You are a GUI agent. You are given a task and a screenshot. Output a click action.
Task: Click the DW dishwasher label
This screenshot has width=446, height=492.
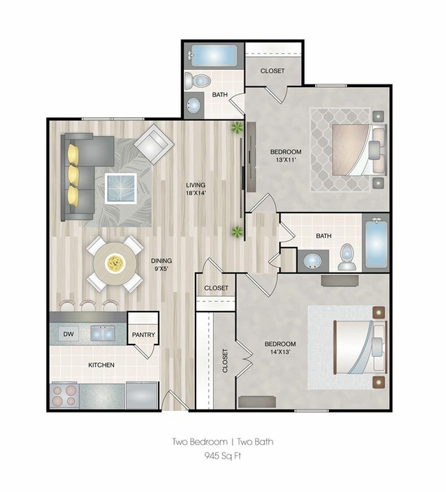(x=69, y=334)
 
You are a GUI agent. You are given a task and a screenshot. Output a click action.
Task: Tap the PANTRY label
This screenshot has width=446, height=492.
(x=143, y=335)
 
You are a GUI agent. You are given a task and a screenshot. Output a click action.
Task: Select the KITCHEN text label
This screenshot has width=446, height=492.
(x=101, y=365)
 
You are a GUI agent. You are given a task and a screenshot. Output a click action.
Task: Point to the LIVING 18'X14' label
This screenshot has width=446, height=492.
(x=196, y=189)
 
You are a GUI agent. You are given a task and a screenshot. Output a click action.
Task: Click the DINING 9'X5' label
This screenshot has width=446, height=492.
(x=161, y=264)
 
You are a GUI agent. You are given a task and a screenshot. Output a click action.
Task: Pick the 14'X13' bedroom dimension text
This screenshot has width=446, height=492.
(x=280, y=352)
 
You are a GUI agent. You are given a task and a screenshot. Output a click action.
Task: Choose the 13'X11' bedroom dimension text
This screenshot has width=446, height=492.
(x=285, y=160)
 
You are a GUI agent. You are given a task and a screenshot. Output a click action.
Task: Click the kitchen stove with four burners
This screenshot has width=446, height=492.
(x=64, y=395)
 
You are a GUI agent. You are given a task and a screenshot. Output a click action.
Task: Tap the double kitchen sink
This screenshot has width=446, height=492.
(x=103, y=333)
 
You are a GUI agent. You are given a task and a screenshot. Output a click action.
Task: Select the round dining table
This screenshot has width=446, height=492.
(x=115, y=263)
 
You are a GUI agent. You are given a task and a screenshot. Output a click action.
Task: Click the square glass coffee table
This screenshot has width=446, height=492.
(x=121, y=189)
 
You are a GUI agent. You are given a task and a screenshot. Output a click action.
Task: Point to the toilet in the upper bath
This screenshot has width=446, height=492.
(x=196, y=81)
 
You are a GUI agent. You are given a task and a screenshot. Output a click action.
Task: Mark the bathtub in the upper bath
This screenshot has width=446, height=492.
(x=214, y=56)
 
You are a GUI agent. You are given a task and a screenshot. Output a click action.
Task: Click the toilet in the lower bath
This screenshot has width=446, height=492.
(x=347, y=257)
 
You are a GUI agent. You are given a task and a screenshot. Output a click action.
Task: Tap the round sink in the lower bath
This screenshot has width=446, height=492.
(x=312, y=261)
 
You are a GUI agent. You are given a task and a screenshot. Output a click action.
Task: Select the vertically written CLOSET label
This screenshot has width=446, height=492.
(x=225, y=360)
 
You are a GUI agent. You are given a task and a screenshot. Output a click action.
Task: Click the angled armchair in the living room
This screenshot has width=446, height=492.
(x=154, y=144)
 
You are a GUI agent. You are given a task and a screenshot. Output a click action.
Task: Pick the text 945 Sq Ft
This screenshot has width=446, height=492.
(x=223, y=455)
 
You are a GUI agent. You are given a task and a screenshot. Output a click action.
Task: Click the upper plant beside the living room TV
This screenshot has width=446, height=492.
(x=237, y=128)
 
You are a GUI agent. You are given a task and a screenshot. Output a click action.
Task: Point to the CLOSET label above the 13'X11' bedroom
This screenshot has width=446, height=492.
(x=272, y=71)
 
